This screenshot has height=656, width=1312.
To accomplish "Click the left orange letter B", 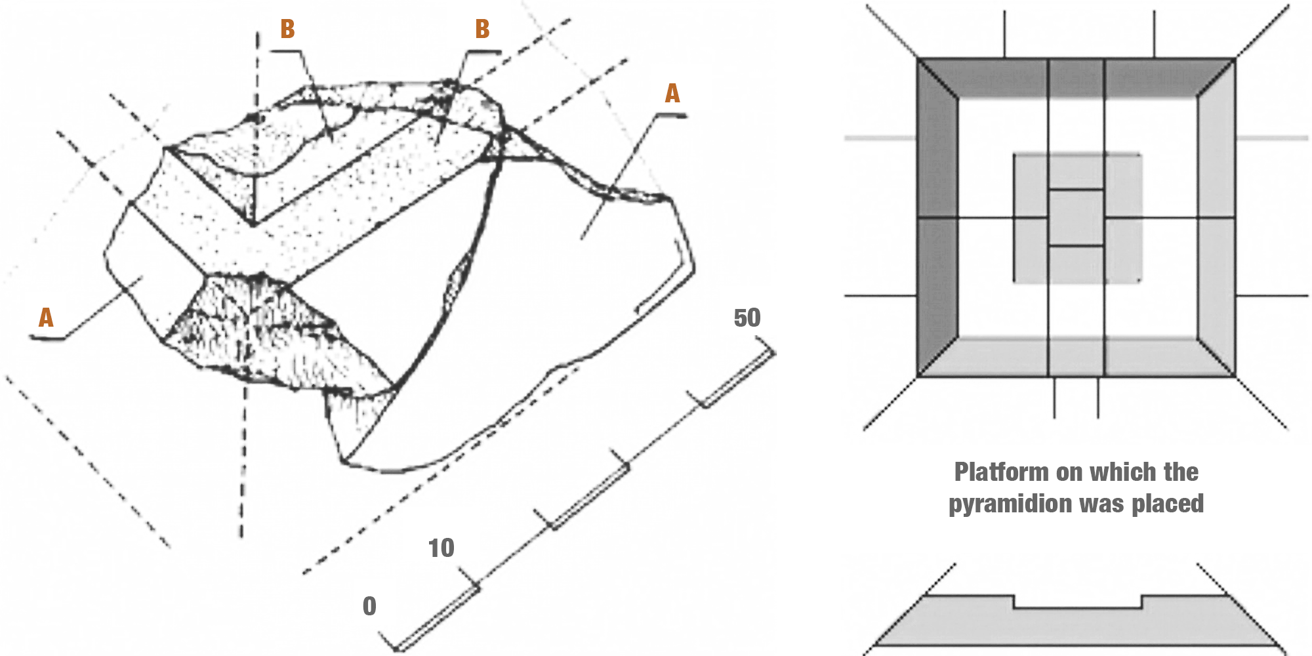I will coord(287,29).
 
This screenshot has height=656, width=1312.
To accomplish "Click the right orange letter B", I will coord(482,29).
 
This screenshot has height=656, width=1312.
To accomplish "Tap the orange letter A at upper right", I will coord(672,93).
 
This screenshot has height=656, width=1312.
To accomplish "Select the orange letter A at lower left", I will coord(45,318).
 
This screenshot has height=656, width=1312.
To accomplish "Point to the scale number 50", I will coord(747,318).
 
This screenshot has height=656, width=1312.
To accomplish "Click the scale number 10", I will coord(441,548).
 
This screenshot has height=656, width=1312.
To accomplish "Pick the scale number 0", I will coord(369,605).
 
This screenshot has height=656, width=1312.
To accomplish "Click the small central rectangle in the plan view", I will coord(1076,218).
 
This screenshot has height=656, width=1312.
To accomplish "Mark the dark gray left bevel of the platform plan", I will coord(937,216).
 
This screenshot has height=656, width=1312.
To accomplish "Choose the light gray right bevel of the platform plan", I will coord(1216,216).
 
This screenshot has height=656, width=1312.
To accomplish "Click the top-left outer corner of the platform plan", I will coord(917,59).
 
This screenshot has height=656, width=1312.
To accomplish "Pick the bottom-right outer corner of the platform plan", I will coord(1236,376).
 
